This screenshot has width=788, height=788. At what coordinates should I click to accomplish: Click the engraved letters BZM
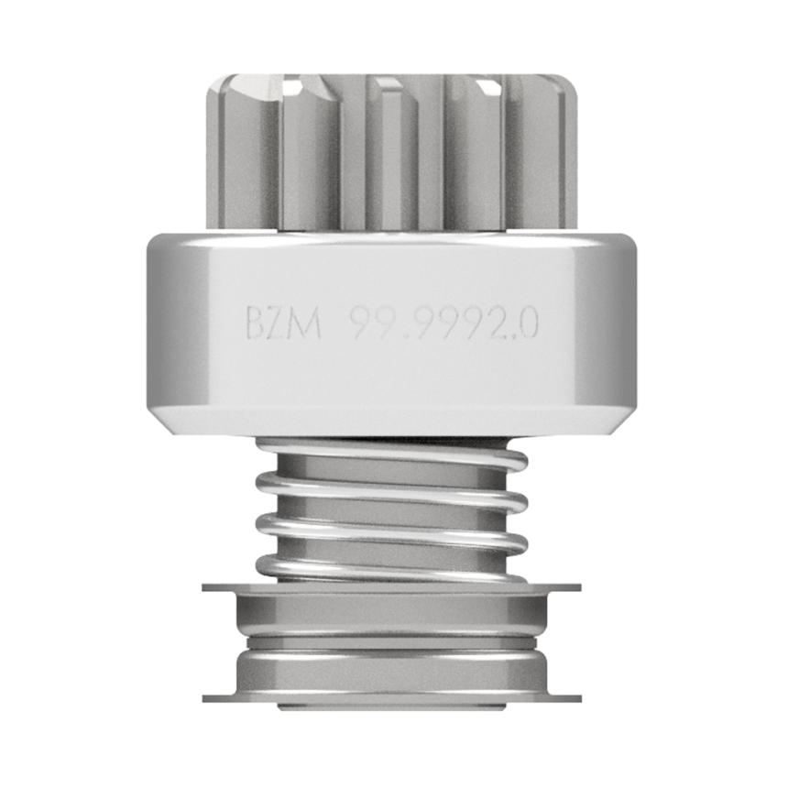[283, 323]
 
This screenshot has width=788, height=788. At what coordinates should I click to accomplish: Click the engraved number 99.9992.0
[444, 323]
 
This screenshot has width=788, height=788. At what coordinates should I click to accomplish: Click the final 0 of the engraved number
[527, 323]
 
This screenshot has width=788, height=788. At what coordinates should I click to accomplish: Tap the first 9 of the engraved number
[361, 323]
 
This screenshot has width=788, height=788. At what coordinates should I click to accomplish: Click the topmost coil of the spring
[392, 453]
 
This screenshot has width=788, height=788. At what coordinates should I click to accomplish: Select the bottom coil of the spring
[392, 568]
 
